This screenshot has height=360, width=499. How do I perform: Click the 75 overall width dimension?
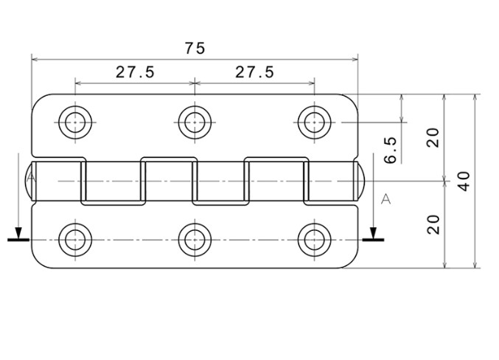[195, 49]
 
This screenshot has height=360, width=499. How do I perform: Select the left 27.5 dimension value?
[135, 72]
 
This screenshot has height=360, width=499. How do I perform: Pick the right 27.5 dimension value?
[254, 72]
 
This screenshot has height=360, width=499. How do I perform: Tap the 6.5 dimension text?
[390, 150]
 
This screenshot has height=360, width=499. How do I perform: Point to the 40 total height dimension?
[464, 181]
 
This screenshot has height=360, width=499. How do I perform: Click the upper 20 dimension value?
[433, 138]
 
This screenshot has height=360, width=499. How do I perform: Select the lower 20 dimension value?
[433, 224]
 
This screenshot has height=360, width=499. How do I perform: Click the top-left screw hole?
[75, 122]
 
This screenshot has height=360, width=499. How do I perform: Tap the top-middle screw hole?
[195, 122]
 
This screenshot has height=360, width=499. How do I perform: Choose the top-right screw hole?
[315, 122]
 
